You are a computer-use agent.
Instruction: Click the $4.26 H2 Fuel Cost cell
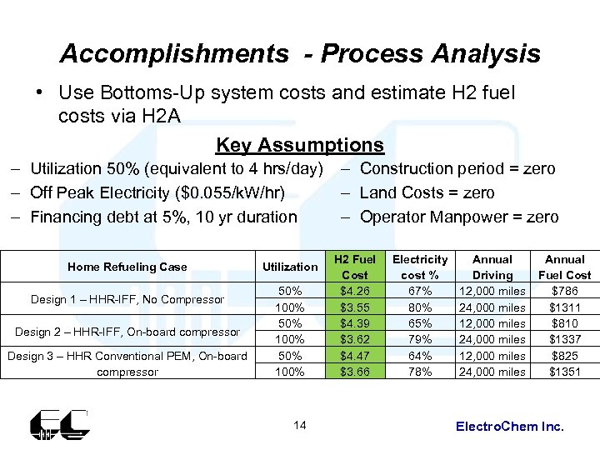click(355, 291)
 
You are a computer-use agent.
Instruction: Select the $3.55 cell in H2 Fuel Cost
click(355, 307)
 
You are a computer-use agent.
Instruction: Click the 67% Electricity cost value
click(419, 291)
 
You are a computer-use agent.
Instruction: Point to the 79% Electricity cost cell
click(419, 339)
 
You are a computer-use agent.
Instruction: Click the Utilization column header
click(289, 267)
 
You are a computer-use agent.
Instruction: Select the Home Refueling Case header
click(127, 267)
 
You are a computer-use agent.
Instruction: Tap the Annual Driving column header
click(492, 267)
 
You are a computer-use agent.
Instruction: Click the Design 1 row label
click(127, 299)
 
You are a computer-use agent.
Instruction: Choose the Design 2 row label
click(127, 332)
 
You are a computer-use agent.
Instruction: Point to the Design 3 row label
click(127, 363)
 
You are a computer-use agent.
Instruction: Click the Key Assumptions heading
click(299, 146)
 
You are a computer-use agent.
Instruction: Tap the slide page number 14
click(300, 426)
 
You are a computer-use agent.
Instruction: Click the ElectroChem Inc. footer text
click(510, 427)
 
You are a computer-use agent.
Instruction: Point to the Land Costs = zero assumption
click(427, 193)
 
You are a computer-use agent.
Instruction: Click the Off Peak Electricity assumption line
click(157, 193)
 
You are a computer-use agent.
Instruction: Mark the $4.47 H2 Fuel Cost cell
click(355, 356)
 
